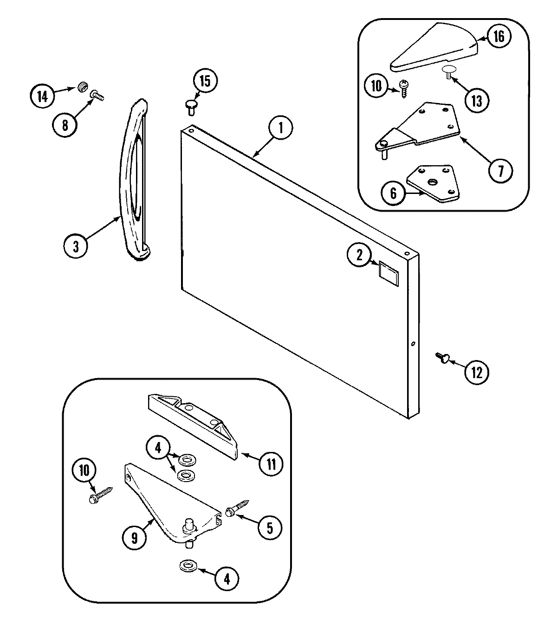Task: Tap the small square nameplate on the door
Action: [x=389, y=271]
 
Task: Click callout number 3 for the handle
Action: [x=76, y=246]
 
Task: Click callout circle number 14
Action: [x=43, y=97]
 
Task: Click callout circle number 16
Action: [x=498, y=36]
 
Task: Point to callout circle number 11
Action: [x=271, y=463]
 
